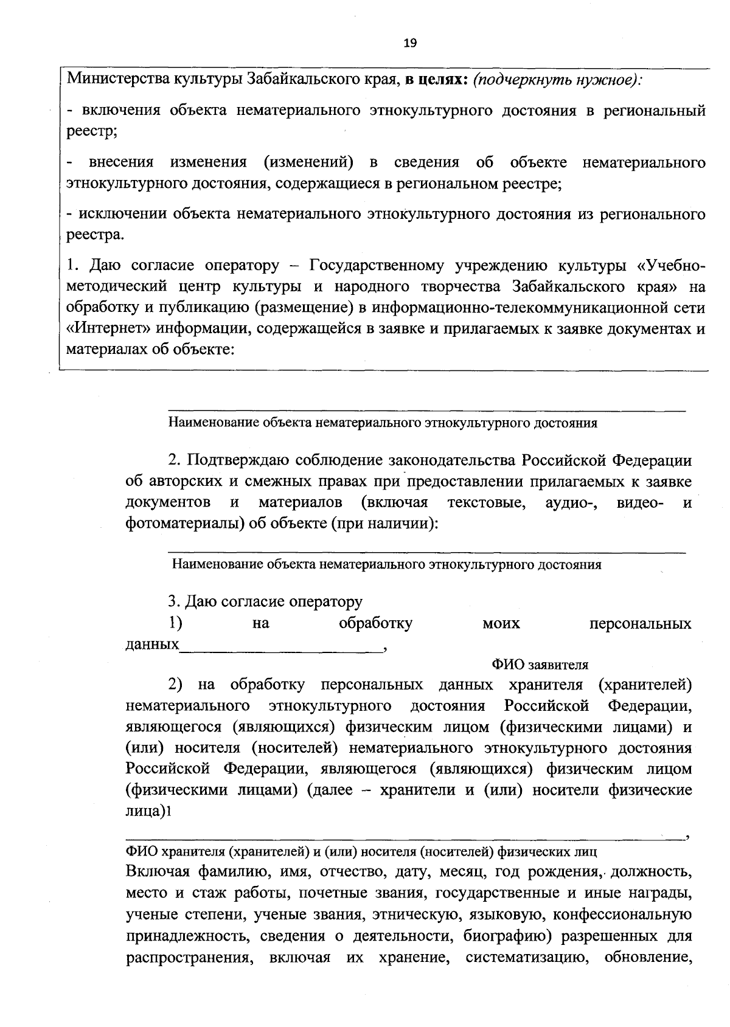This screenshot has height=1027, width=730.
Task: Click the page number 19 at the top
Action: [409, 43]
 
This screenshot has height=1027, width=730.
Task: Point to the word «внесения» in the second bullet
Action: [121, 162]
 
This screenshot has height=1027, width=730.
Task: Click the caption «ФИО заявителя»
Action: [540, 665]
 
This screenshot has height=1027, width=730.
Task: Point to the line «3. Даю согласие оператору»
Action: [265, 602]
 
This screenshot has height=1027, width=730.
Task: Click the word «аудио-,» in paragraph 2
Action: [571, 503]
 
